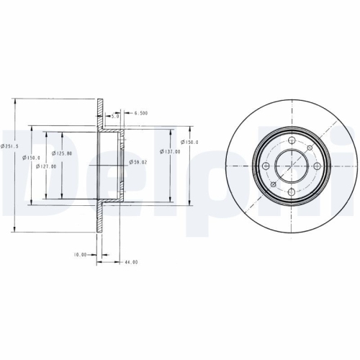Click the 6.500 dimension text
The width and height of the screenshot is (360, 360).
[140, 113]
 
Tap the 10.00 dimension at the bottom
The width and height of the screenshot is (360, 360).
[79, 254]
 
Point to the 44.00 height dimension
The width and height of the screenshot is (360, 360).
[130, 262]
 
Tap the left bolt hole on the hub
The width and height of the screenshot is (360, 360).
[267, 166]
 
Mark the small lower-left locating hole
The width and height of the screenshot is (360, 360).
[274, 185]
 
